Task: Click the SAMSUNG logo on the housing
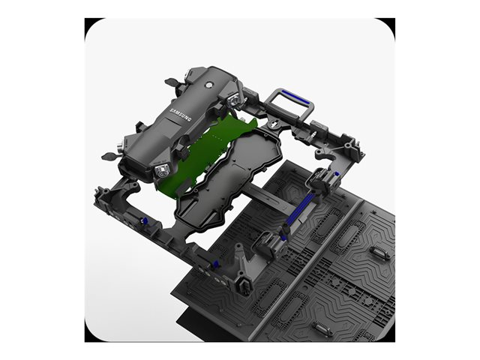pos(180,115)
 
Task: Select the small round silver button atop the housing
pos(210,85)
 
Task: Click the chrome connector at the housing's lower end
pos(161,172)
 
